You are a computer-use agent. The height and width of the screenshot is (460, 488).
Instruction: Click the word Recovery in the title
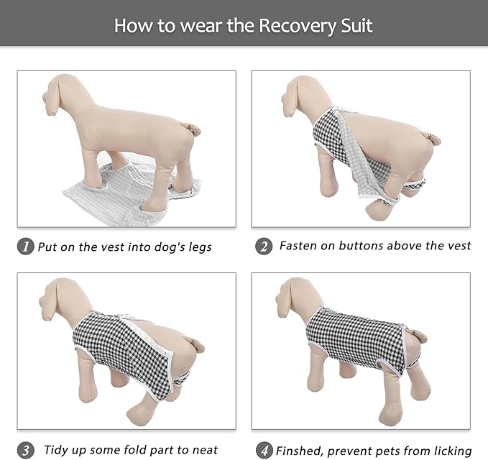295,26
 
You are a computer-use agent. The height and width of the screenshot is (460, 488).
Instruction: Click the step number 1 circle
26,247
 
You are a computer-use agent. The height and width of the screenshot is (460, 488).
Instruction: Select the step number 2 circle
264,247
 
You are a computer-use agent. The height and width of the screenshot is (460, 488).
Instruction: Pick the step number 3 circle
26,451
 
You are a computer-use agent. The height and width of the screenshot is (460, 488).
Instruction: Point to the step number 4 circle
264,451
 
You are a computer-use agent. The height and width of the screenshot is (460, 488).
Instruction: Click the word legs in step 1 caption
198,247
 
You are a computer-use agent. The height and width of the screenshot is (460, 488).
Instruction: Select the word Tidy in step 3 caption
57,450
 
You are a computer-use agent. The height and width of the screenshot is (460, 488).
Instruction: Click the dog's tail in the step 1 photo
190,129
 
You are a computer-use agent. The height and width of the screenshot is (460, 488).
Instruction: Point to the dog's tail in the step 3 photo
194,346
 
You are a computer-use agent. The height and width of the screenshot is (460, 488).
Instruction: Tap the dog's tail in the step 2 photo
431,137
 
